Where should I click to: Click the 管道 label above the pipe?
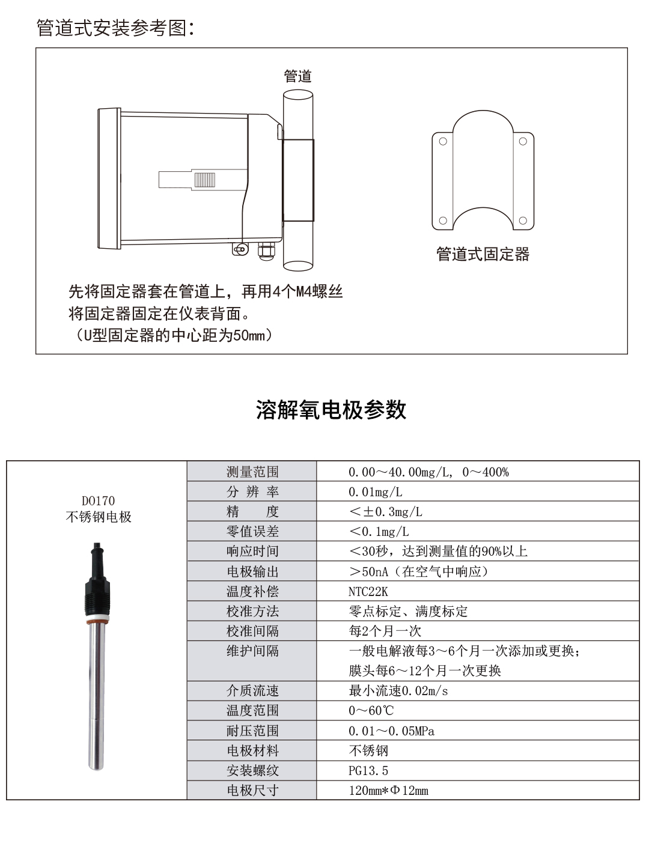pyautogui.click(x=297, y=76)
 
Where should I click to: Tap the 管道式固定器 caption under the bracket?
pyautogui.click(x=483, y=254)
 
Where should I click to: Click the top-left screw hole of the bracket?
pyautogui.click(x=443, y=142)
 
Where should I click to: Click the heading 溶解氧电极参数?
pyautogui.click(x=331, y=410)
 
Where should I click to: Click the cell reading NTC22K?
pyautogui.click(x=368, y=591)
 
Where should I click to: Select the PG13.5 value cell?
pyautogui.click(x=368, y=770)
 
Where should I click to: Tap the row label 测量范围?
pyautogui.click(x=252, y=472)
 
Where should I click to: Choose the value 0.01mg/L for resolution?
pyautogui.click(x=376, y=492)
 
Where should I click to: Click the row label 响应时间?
pyautogui.click(x=252, y=552)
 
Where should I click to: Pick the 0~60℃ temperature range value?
pyautogui.click(x=371, y=711)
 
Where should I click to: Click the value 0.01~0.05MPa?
pyautogui.click(x=391, y=731)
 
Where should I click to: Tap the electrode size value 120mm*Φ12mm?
pyautogui.click(x=388, y=790)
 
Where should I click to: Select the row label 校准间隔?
pyautogui.click(x=252, y=631)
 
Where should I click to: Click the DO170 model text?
pyautogui.click(x=98, y=500)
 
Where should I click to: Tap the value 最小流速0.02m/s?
pyautogui.click(x=398, y=691)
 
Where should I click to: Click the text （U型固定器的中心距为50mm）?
pyautogui.click(x=171, y=335)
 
